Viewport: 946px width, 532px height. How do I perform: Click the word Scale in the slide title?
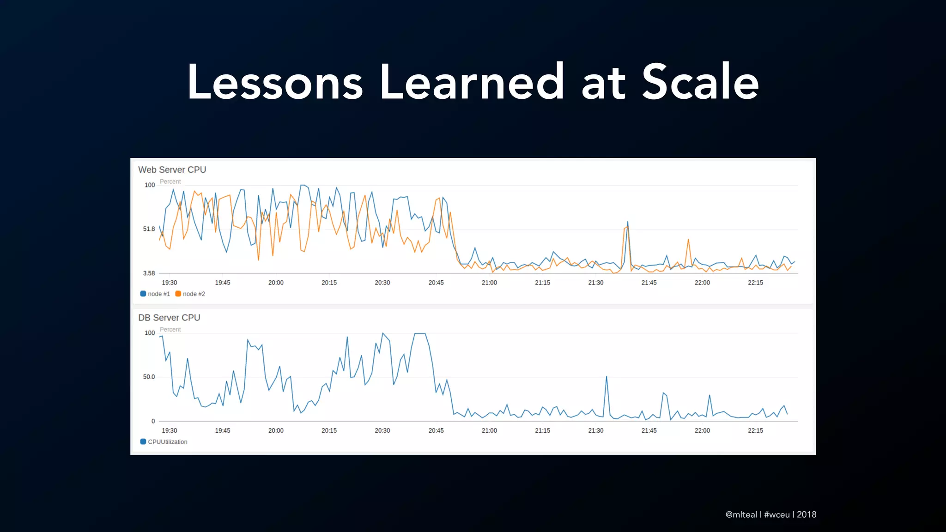click(x=700, y=82)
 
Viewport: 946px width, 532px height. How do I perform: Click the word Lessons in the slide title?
click(x=275, y=82)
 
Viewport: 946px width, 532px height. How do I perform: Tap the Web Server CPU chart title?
click(x=172, y=170)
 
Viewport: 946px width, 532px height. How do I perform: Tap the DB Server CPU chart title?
click(x=169, y=318)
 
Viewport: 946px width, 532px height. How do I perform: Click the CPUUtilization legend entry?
click(x=164, y=442)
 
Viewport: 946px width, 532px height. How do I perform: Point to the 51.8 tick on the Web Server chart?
click(x=149, y=229)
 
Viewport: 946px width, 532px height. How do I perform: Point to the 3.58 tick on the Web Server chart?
click(x=149, y=273)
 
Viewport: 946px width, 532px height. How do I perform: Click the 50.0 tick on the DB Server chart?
click(x=149, y=377)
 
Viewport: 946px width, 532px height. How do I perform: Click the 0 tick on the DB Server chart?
click(x=153, y=421)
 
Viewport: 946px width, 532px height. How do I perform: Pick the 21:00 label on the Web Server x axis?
click(x=489, y=283)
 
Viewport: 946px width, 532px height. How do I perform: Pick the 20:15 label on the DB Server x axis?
click(x=329, y=430)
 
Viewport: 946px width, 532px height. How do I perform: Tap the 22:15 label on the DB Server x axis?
click(x=755, y=430)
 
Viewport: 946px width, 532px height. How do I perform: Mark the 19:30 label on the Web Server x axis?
click(x=169, y=283)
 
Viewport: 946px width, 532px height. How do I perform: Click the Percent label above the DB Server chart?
click(x=170, y=330)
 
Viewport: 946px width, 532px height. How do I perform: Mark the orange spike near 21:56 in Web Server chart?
click(x=688, y=240)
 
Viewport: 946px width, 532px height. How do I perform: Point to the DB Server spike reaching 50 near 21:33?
click(x=606, y=378)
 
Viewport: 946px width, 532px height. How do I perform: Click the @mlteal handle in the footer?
click(x=741, y=514)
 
